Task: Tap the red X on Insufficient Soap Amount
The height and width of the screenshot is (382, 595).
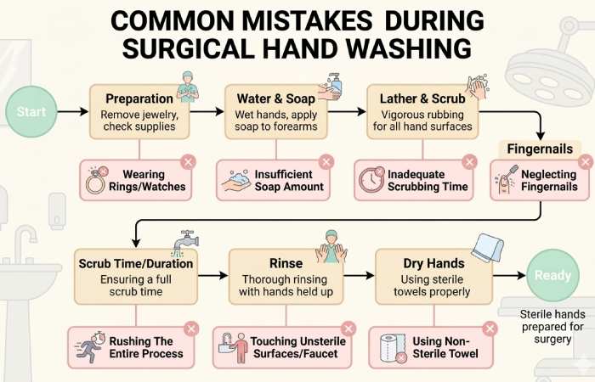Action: (326, 161)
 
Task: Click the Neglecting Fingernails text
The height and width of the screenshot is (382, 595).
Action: (547, 181)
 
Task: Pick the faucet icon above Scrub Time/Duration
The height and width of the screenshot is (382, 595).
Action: (185, 243)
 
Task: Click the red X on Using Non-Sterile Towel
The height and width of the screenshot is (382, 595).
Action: (490, 329)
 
